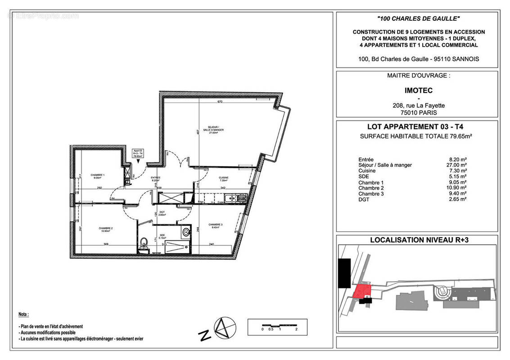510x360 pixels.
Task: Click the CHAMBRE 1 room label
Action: click(x=97, y=176)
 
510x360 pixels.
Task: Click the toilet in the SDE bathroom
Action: click(x=143, y=243)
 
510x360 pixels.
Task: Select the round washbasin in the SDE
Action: click(x=186, y=233)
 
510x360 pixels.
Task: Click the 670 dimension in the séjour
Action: click(x=220, y=102)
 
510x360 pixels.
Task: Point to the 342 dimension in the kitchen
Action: click(x=222, y=187)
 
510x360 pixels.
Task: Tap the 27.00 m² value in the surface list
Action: click(x=457, y=165)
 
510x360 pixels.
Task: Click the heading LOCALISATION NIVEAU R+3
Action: click(x=419, y=240)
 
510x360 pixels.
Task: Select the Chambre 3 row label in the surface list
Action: click(x=370, y=193)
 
